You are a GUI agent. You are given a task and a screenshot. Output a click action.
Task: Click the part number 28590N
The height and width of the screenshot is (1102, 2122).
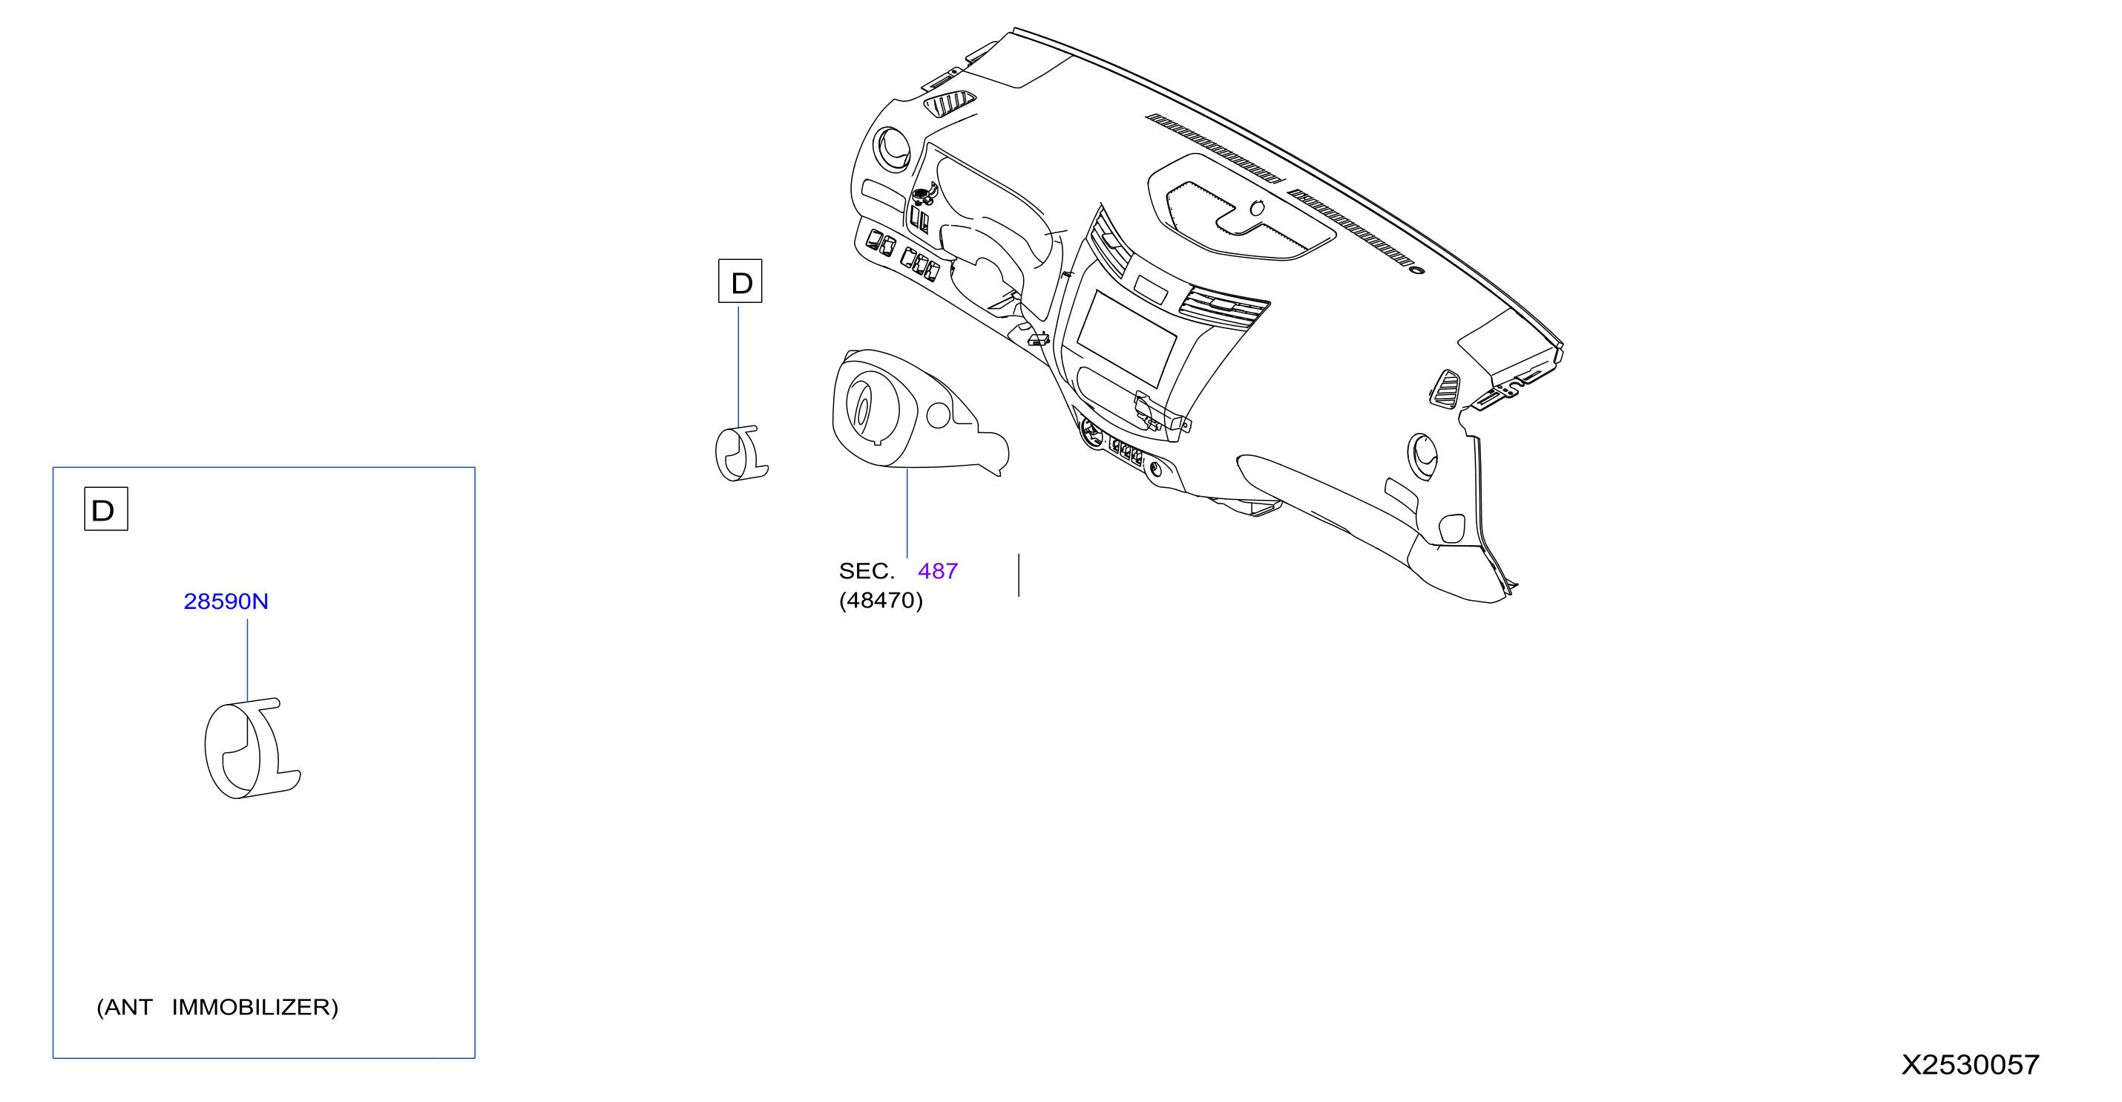click(x=226, y=601)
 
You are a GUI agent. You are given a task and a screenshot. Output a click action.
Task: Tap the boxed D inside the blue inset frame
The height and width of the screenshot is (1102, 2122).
click(x=106, y=509)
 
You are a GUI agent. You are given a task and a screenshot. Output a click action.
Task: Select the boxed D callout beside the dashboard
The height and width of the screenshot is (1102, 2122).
click(x=740, y=281)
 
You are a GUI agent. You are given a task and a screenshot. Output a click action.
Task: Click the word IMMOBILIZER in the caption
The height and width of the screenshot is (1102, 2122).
click(x=255, y=1007)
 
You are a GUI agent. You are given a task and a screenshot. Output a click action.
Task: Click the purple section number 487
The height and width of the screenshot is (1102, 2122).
click(x=937, y=571)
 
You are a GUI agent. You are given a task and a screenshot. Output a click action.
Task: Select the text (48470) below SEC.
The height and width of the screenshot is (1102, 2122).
click(x=881, y=600)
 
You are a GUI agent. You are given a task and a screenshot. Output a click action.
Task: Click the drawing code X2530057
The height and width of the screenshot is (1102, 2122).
click(x=1971, y=1065)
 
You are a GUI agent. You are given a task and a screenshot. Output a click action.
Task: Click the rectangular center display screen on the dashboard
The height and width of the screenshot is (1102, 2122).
click(x=1126, y=339)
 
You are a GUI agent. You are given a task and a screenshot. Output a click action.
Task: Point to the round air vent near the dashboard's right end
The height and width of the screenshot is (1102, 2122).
click(x=1422, y=456)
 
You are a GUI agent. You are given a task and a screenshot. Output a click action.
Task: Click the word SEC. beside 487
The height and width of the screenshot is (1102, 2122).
click(x=867, y=571)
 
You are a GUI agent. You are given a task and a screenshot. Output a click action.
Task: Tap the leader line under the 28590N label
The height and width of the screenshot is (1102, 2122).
click(x=247, y=661)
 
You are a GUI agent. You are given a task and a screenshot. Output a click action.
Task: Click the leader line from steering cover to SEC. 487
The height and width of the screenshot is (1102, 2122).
click(x=907, y=513)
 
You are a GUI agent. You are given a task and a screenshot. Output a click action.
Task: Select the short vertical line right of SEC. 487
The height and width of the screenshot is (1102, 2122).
click(x=1019, y=576)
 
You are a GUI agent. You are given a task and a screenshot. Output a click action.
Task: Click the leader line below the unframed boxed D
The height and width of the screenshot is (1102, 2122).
click(x=738, y=367)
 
